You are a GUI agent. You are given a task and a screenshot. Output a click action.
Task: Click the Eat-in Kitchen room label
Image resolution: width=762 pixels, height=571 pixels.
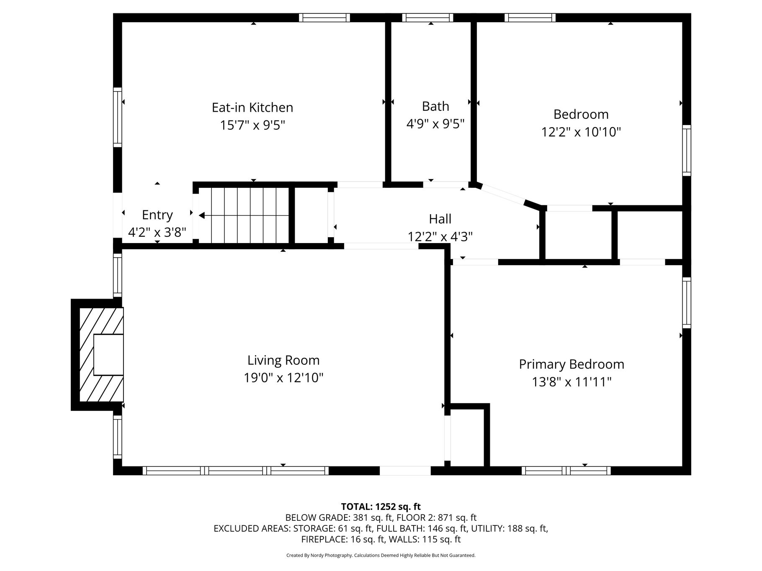[x=252, y=108]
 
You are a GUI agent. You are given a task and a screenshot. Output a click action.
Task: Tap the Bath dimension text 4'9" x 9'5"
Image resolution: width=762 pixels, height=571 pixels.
[x=435, y=124]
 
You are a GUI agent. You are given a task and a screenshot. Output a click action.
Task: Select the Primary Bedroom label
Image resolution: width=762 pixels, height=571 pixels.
[x=571, y=364]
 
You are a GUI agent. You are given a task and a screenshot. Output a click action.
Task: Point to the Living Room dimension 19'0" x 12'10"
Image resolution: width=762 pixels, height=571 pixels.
[x=283, y=378]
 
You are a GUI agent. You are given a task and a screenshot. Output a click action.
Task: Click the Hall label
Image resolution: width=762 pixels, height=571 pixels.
[x=440, y=219]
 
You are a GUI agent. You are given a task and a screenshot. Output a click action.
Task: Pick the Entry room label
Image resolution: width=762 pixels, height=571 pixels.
[x=157, y=215]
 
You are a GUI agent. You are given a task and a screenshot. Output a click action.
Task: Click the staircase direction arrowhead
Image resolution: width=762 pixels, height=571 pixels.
[x=202, y=215]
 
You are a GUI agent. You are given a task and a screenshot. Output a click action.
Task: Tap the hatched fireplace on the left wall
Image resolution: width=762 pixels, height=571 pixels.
[x=101, y=355]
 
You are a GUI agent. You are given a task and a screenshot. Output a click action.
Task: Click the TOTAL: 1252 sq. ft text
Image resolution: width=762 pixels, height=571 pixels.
[x=381, y=507]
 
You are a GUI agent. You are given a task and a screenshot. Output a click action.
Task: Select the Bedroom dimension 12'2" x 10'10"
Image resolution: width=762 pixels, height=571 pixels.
[x=581, y=132]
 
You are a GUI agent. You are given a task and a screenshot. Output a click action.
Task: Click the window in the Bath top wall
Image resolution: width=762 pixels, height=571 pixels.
[x=427, y=18]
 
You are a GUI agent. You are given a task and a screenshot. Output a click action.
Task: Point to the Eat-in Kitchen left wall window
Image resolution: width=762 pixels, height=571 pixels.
[x=118, y=117]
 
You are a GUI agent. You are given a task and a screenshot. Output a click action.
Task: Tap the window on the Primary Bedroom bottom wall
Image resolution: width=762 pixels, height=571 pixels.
[x=566, y=471]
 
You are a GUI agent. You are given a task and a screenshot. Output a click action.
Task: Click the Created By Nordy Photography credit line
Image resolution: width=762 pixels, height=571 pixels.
[x=381, y=556]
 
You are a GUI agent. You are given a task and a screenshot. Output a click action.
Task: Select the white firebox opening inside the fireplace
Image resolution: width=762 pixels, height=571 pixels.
[x=108, y=355]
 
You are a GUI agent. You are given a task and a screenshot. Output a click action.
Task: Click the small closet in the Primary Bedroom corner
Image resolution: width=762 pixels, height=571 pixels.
[x=467, y=437]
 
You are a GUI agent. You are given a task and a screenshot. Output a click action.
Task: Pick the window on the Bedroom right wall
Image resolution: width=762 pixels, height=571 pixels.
[x=687, y=150]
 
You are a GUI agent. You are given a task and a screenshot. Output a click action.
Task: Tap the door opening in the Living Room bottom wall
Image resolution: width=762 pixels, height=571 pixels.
[x=405, y=471]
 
